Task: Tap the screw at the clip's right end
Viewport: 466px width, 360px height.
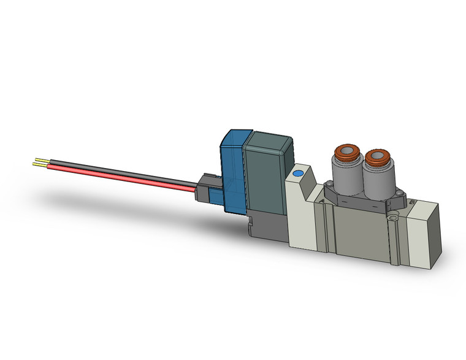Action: pos(403,197)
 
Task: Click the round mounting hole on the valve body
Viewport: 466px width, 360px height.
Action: pos(393,216)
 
